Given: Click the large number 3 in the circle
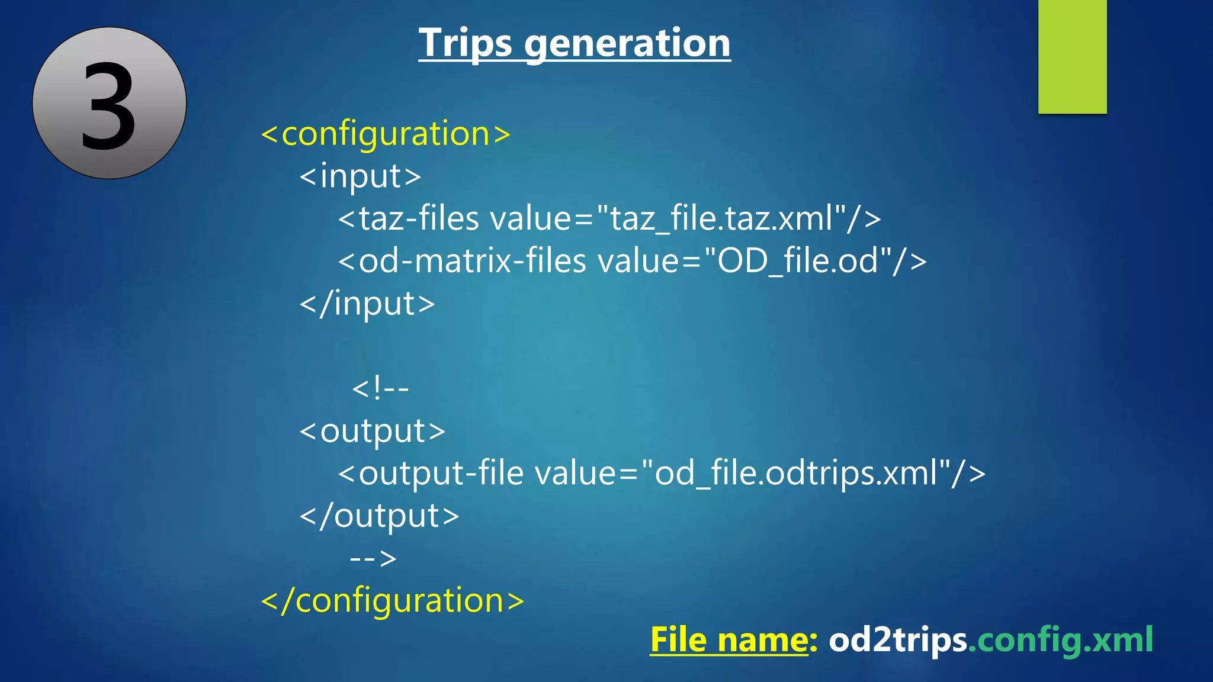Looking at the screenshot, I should pyautogui.click(x=109, y=105).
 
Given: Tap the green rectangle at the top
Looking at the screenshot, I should pyautogui.click(x=1072, y=56).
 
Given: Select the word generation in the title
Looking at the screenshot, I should pyautogui.click(x=627, y=44).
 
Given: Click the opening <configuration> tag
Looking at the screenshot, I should pyautogui.click(x=386, y=134).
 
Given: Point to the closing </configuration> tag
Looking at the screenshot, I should pyautogui.click(x=393, y=600).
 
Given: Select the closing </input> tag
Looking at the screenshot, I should pyautogui.click(x=367, y=304).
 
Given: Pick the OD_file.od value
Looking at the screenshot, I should pyautogui.click(x=797, y=261).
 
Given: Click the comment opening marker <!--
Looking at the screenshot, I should pyautogui.click(x=380, y=389).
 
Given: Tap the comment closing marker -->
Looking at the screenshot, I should pyautogui.click(x=373, y=558).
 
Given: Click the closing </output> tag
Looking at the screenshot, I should pyautogui.click(x=379, y=516).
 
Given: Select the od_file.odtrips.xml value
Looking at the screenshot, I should pyautogui.click(x=796, y=474).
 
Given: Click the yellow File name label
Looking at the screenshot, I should pyautogui.click(x=729, y=640).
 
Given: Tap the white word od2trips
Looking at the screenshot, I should pyautogui.click(x=897, y=640).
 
